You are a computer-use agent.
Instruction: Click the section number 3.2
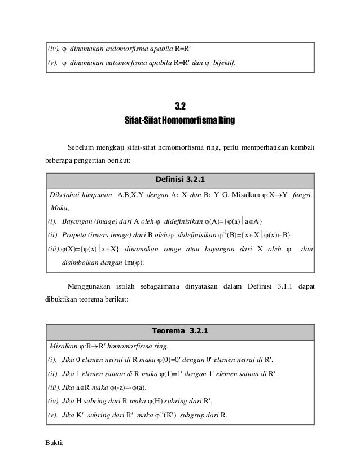point(180,106)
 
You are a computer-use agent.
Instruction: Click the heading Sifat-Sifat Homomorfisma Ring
point(180,121)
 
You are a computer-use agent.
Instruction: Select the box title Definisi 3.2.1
point(180,180)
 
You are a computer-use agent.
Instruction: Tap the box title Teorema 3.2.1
point(180,331)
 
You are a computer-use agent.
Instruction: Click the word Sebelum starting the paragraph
point(82,149)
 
